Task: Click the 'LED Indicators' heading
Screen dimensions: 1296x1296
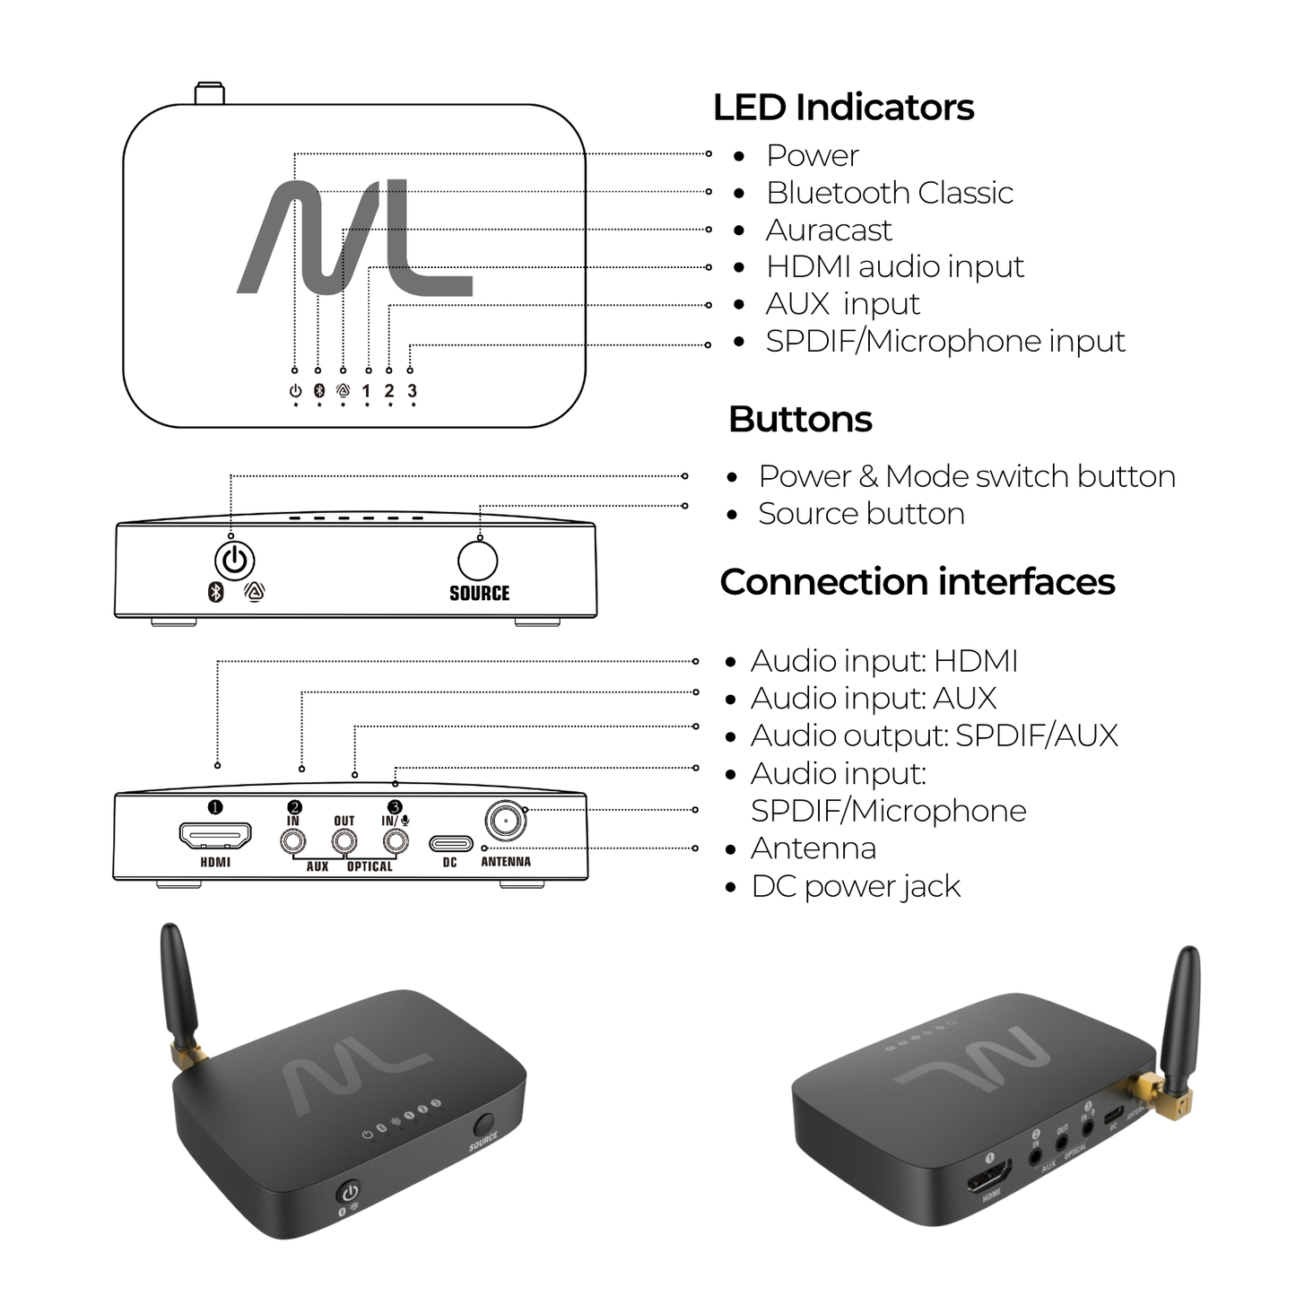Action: point(842,108)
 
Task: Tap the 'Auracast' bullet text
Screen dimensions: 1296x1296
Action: point(828,230)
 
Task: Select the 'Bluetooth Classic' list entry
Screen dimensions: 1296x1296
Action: point(889,193)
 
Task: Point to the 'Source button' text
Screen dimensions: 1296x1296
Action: point(860,514)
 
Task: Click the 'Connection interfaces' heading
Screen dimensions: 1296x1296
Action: point(917,582)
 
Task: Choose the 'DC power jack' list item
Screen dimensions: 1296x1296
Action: point(855,886)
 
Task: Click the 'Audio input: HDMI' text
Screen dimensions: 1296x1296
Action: point(883,661)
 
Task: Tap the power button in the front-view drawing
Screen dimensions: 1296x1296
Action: point(235,561)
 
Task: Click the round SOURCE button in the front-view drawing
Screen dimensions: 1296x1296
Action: point(478,561)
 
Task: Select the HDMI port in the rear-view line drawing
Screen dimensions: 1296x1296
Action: point(215,837)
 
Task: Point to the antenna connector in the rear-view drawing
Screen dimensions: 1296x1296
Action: point(505,820)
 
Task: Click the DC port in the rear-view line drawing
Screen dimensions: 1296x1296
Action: point(450,844)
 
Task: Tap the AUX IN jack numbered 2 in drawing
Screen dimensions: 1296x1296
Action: point(293,841)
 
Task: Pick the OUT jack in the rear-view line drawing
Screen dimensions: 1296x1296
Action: point(344,841)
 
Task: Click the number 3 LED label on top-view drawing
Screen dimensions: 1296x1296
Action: point(412,391)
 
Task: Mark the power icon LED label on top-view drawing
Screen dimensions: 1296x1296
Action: point(295,391)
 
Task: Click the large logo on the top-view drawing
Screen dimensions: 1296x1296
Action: point(353,238)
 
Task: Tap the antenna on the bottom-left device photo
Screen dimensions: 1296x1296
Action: point(178,987)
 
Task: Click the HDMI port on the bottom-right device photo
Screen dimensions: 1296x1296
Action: point(989,1175)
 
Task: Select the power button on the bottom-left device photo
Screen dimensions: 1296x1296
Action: point(349,1192)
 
